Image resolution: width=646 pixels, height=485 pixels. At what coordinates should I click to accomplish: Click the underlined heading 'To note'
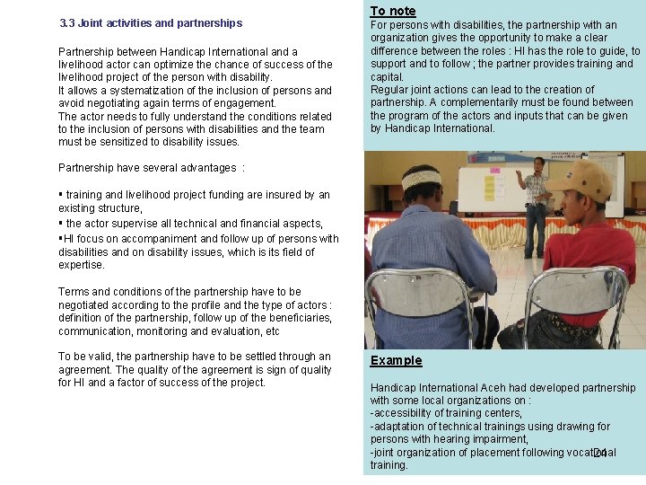point(393,11)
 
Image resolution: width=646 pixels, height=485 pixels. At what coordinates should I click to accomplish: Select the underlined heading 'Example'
point(396,360)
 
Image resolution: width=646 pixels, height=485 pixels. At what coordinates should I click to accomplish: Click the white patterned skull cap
point(422,177)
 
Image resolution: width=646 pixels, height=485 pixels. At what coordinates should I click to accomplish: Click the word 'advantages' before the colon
point(207,168)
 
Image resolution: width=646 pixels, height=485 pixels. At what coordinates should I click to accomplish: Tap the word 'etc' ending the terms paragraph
point(272,331)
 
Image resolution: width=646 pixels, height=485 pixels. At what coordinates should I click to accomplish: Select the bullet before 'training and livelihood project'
point(60,194)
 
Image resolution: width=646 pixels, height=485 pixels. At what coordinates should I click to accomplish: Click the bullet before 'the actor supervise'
point(60,223)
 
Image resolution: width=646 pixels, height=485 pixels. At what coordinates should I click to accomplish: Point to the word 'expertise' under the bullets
point(82,265)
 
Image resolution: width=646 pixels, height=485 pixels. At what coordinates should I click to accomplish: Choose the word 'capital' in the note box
point(386,77)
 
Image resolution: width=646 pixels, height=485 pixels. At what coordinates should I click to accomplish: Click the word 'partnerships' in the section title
point(211,23)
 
